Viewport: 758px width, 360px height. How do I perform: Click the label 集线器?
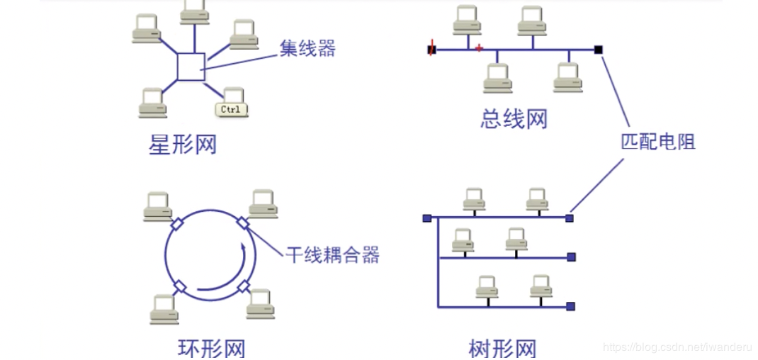(307, 48)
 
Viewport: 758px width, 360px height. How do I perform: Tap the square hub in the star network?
(191, 67)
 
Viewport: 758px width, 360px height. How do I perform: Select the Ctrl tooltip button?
(231, 109)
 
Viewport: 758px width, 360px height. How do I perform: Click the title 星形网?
(182, 145)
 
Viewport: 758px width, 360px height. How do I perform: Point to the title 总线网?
(514, 118)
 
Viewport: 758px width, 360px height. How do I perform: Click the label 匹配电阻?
(658, 141)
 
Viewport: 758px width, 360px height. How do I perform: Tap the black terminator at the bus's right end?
(599, 50)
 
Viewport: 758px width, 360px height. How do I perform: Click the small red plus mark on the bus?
(479, 47)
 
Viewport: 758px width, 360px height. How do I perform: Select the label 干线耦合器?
(332, 254)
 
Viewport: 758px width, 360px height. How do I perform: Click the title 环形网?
(211, 349)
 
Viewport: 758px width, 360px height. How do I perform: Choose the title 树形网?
(502, 349)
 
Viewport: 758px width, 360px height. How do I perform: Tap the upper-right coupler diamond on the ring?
(243, 223)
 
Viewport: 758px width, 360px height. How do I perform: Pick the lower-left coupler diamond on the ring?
(179, 286)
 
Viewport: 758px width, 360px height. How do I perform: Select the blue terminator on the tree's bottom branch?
(570, 306)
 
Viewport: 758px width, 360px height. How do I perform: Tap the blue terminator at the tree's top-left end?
(426, 218)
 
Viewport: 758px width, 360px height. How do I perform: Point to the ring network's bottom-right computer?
(261, 303)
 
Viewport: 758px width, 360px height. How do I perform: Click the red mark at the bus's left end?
(431, 50)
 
